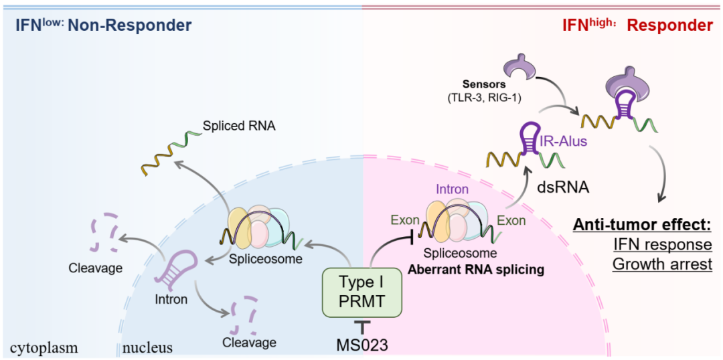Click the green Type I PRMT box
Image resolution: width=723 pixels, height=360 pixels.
363,292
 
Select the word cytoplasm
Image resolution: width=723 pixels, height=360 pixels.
44,347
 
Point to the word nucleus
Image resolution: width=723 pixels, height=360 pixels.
147,347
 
